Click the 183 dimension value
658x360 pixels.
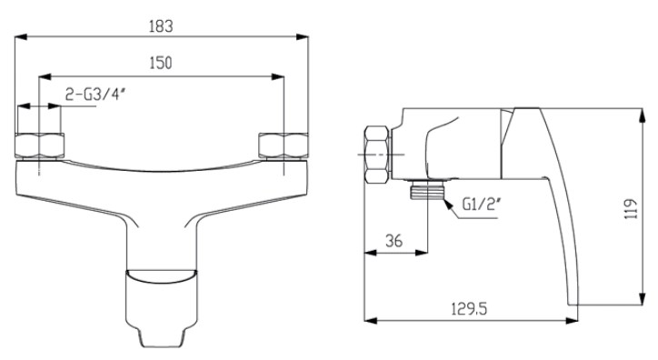[x=161, y=26]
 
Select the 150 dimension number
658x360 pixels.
[x=161, y=63]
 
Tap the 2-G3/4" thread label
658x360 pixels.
[x=95, y=95]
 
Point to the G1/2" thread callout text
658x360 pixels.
[x=483, y=205]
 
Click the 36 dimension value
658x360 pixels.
[x=394, y=241]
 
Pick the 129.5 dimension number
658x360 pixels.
[x=469, y=309]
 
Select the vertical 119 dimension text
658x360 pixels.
[x=632, y=208]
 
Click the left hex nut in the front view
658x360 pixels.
[x=39, y=145]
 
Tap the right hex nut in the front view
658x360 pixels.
[x=284, y=145]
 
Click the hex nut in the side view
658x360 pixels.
[x=377, y=155]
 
